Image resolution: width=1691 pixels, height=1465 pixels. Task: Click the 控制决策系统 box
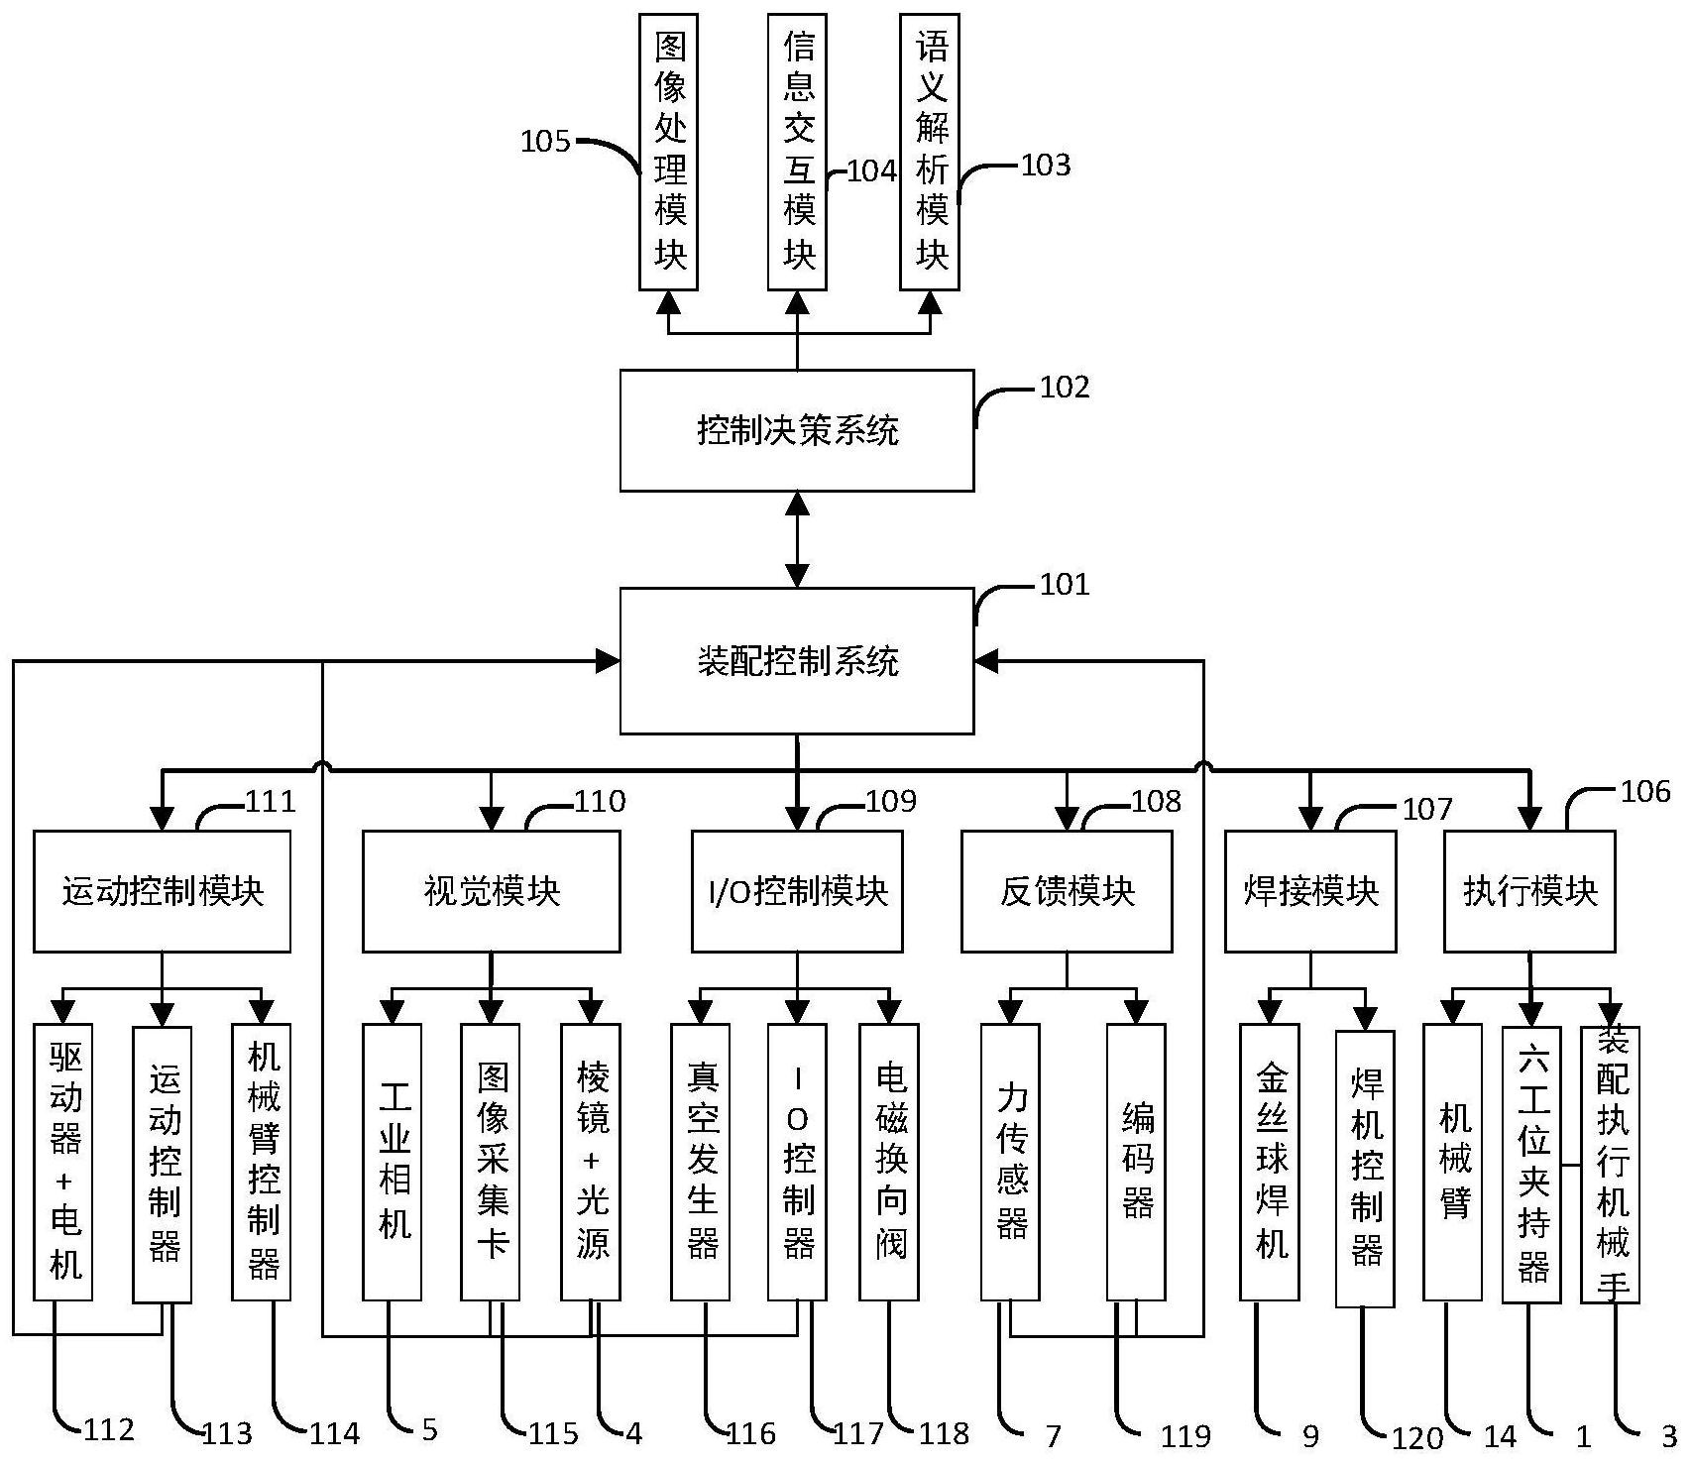coord(797,430)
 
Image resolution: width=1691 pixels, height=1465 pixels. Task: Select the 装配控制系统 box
coord(797,660)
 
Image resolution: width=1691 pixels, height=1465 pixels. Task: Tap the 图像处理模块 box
coord(669,152)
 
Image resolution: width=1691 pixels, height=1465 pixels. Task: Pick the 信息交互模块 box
coord(798,152)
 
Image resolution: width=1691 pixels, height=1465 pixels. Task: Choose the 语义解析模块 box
coord(930,152)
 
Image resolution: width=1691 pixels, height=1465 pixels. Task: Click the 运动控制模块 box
coord(163,891)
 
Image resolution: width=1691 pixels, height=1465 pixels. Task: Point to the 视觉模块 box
coord(492,891)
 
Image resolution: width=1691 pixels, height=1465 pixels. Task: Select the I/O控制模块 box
coord(797,891)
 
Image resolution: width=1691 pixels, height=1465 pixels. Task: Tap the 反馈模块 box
coord(1067,891)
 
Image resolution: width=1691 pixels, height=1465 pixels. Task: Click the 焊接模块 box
coord(1310,891)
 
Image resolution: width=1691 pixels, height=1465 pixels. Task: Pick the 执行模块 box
coord(1529,891)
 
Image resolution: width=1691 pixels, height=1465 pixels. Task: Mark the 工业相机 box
coord(393,1162)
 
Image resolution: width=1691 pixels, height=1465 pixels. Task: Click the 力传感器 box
coord(1010,1162)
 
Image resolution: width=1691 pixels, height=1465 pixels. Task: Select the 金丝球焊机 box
coord(1270,1162)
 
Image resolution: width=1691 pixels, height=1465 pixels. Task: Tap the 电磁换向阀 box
coord(889,1162)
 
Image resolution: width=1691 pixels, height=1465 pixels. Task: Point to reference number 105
coord(545,142)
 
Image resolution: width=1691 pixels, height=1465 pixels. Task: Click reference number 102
coord(1065,388)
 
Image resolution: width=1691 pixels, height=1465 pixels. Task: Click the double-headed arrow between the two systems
coord(797,539)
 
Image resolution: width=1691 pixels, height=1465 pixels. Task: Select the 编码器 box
coord(1136,1162)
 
